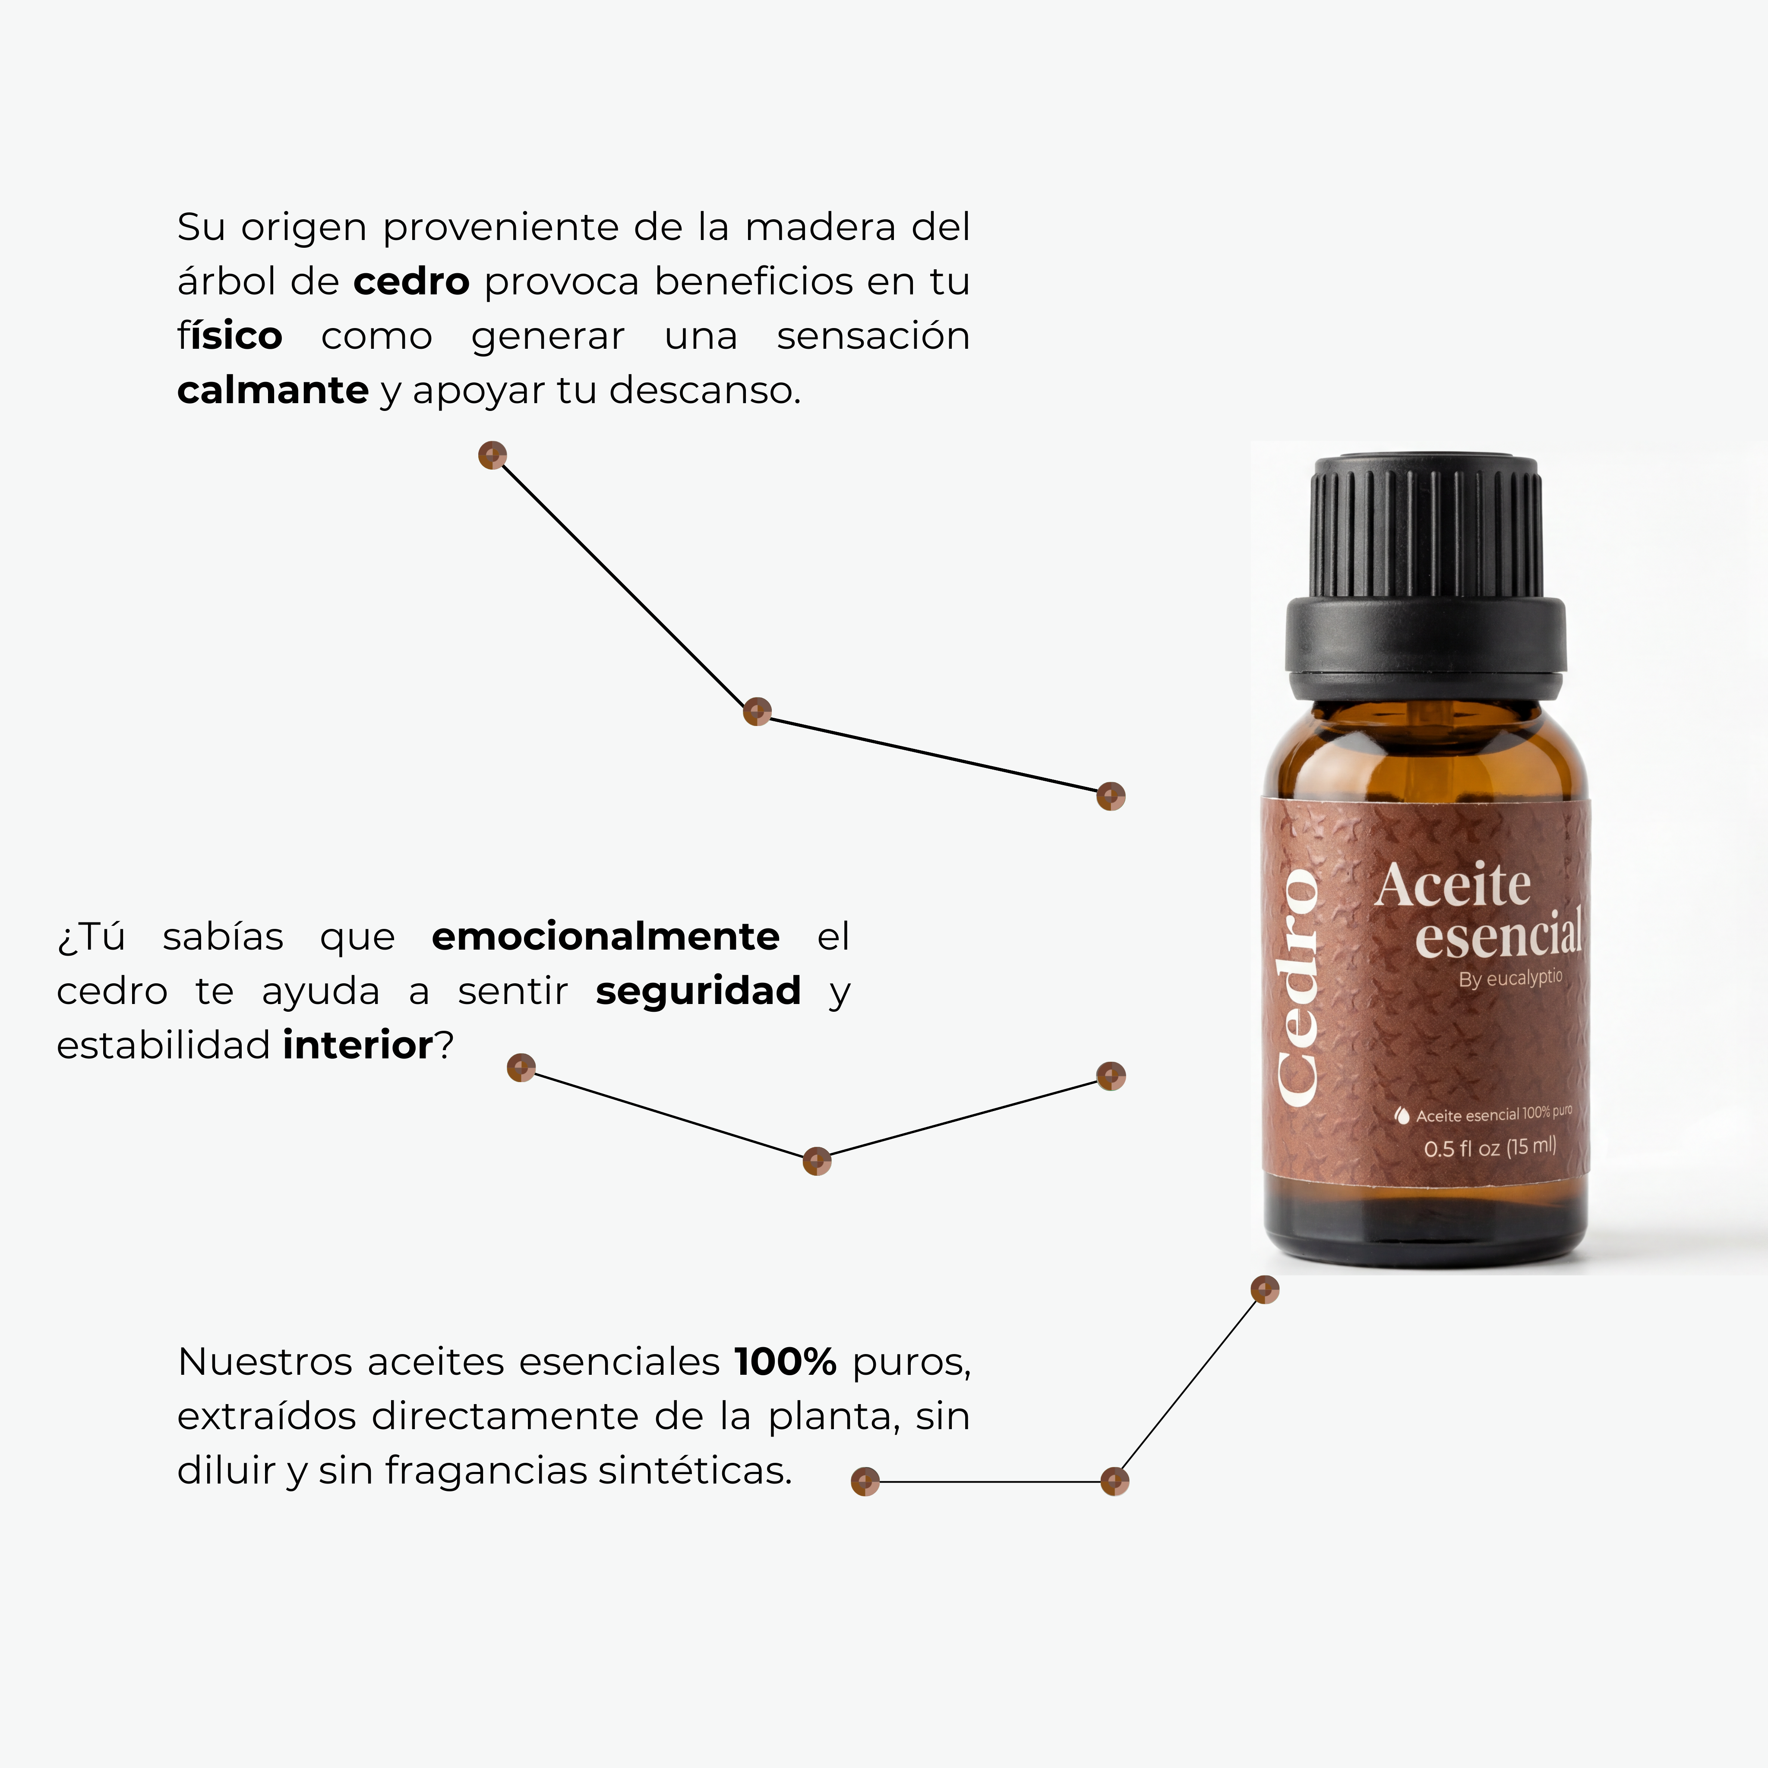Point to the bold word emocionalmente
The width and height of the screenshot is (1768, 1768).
click(605, 936)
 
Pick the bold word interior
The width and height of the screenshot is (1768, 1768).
click(358, 1045)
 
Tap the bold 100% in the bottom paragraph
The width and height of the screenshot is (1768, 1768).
click(785, 1362)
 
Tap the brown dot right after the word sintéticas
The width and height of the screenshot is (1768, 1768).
click(865, 1481)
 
